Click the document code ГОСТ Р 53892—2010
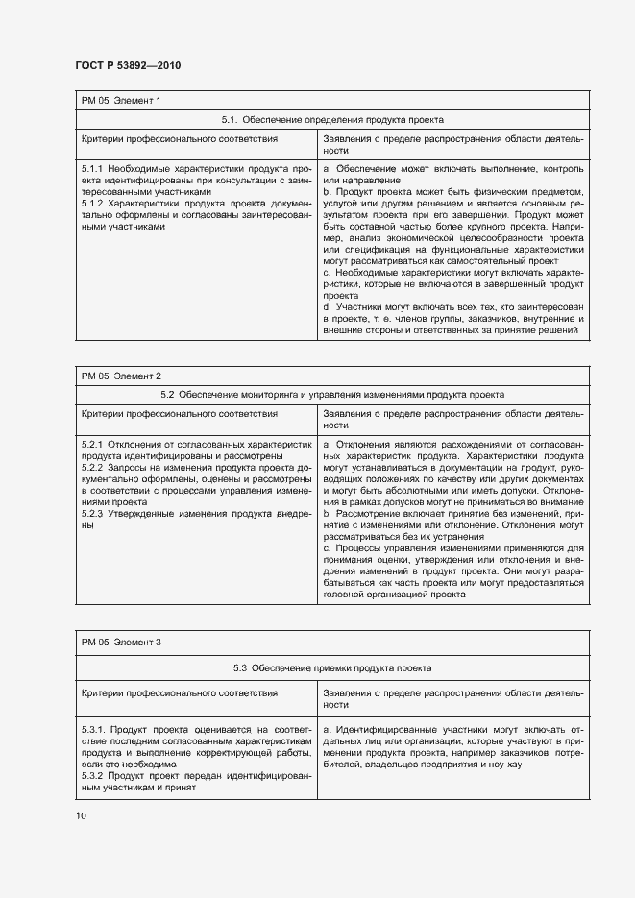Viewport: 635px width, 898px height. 128,65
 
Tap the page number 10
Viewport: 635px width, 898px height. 81,816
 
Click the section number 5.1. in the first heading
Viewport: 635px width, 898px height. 229,121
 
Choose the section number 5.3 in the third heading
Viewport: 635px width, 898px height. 240,667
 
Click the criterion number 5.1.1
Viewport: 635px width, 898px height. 93,167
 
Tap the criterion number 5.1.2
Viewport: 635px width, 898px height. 93,204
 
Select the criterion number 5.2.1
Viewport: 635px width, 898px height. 93,445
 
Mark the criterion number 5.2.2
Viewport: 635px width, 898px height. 93,468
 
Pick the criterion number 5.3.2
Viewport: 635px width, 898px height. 93,775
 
